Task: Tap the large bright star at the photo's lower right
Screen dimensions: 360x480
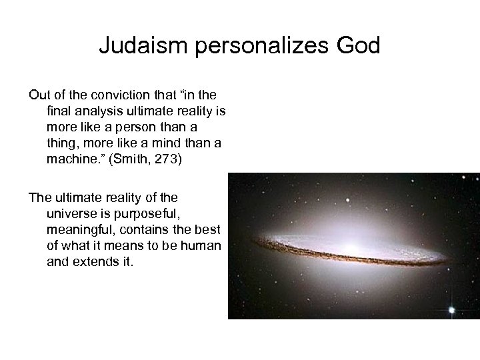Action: (x=452, y=310)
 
